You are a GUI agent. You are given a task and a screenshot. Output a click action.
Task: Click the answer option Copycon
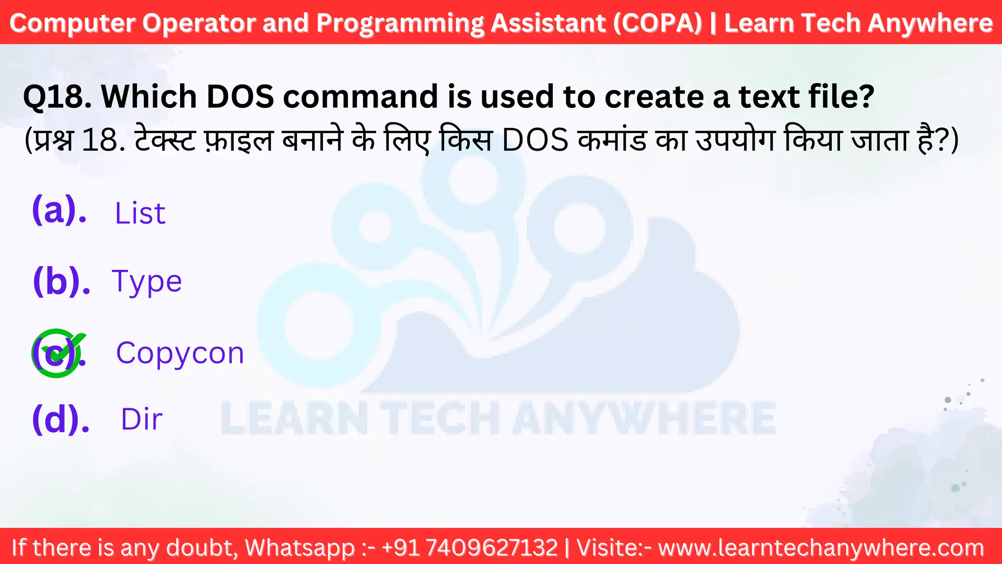click(x=180, y=353)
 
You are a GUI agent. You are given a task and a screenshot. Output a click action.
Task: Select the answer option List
click(x=140, y=213)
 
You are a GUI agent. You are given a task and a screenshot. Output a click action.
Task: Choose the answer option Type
click(x=147, y=282)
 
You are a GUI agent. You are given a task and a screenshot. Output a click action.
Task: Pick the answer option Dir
click(x=141, y=420)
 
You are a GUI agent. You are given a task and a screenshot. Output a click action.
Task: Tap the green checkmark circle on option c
click(x=57, y=353)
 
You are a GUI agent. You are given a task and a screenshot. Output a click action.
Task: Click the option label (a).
click(x=59, y=210)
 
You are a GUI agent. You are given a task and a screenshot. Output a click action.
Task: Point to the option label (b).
click(x=61, y=281)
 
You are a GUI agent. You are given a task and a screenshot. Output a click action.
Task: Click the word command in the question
click(x=360, y=96)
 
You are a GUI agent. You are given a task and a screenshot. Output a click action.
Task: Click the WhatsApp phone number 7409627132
click(x=492, y=548)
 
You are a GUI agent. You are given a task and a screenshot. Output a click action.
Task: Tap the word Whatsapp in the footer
click(x=299, y=548)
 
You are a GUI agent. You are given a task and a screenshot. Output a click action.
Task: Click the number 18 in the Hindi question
click(x=100, y=141)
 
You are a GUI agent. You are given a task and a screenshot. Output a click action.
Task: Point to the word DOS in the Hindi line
click(x=535, y=141)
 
